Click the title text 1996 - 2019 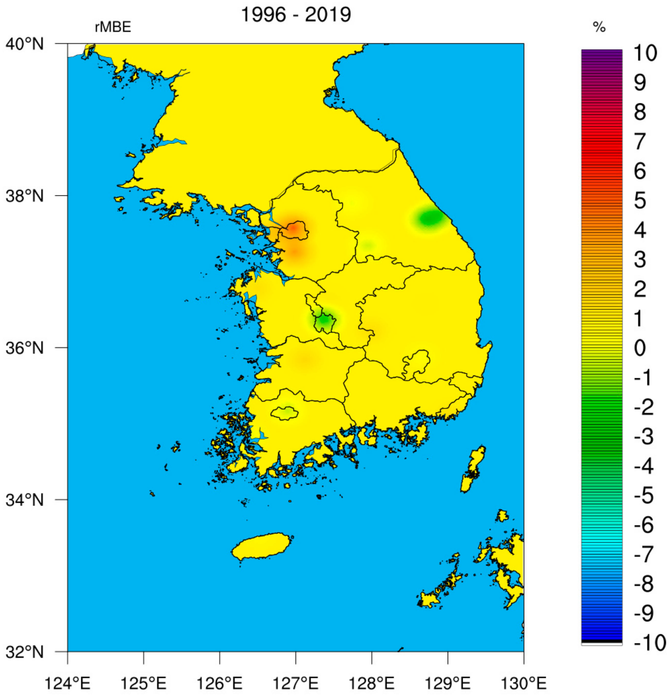click(296, 15)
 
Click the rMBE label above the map click(113, 27)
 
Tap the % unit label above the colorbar click(599, 27)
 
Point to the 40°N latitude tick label click(25, 44)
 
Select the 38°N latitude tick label click(25, 196)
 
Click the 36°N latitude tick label click(25, 348)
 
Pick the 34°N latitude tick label click(25, 500)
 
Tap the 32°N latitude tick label click(25, 652)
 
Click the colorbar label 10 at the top click(645, 53)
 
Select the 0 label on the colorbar click(640, 348)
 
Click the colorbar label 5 click(640, 201)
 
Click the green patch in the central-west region click(324, 320)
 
